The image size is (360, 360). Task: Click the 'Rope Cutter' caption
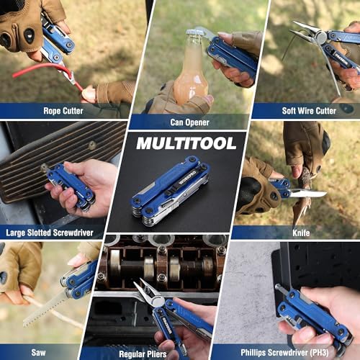[x=63, y=111]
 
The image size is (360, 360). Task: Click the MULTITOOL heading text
[x=186, y=143]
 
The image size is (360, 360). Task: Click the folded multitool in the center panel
[x=171, y=191]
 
